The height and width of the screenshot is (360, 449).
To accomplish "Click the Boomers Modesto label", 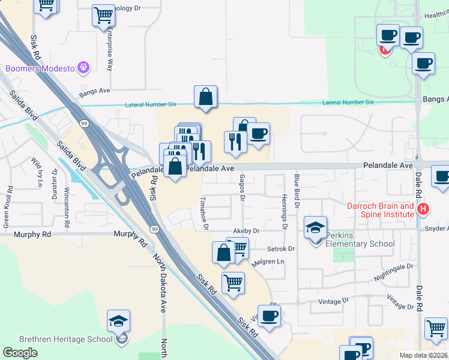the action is click(x=39, y=68).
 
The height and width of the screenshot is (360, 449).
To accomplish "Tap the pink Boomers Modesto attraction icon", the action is click(x=83, y=67).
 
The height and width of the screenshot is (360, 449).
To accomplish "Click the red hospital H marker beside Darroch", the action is click(x=423, y=209).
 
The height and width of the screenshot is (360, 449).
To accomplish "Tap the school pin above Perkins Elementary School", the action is click(x=315, y=228).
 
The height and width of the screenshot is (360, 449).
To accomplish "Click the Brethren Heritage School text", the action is click(x=57, y=339).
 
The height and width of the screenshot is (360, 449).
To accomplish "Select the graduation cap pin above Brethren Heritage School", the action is click(x=119, y=322).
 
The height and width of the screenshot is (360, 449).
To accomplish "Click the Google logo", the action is click(x=20, y=352).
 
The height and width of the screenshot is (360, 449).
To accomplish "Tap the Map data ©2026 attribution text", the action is click(x=423, y=355).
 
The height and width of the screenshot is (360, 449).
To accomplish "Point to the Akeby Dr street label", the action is click(x=246, y=230).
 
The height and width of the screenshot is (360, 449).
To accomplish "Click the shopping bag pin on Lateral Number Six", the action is click(x=205, y=98).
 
